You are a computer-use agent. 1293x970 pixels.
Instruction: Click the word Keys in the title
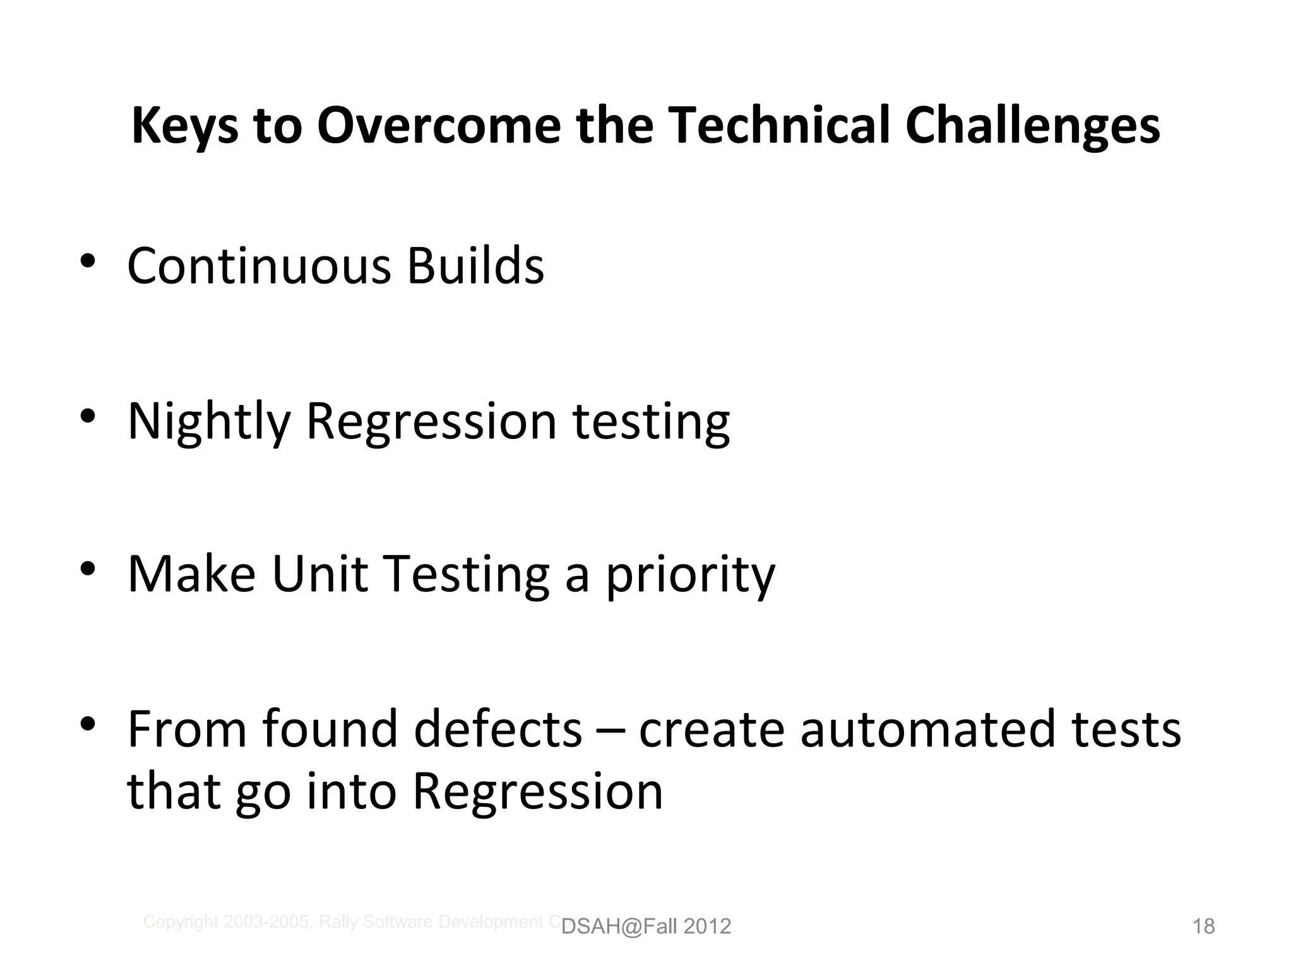point(184,126)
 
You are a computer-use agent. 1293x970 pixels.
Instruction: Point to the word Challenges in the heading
point(1032,126)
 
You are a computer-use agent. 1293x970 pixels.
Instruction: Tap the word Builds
point(475,266)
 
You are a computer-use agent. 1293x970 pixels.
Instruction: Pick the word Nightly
point(209,422)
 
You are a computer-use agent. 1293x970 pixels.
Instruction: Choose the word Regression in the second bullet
point(431,422)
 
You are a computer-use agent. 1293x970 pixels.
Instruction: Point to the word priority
point(690,576)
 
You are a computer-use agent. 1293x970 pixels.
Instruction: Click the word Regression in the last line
point(537,792)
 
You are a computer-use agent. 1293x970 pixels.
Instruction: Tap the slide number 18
point(1203,926)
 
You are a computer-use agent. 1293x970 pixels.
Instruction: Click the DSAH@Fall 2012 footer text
point(646,926)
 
